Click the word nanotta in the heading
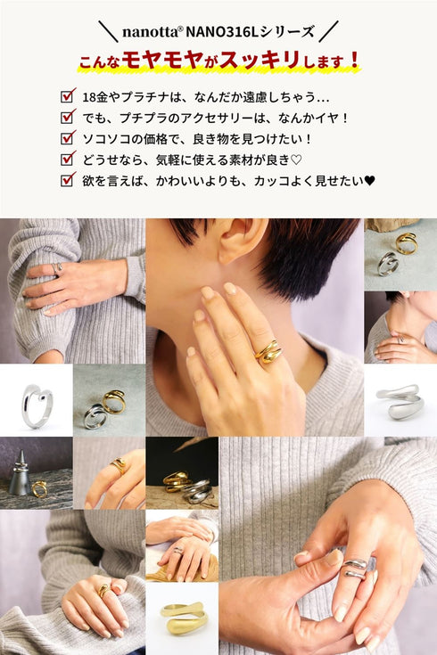pyautogui.click(x=150, y=32)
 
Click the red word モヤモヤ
pyautogui.click(x=163, y=61)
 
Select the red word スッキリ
pyautogui.click(x=260, y=61)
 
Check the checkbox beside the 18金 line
pyautogui.click(x=68, y=95)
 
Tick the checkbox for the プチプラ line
pyautogui.click(x=68, y=117)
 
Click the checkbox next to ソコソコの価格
pyautogui.click(x=68, y=137)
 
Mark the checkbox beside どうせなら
pyautogui.click(x=68, y=159)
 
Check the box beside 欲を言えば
pyautogui.click(x=68, y=180)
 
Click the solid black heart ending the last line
pyautogui.click(x=370, y=181)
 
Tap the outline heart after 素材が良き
pyautogui.click(x=296, y=160)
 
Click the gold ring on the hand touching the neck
pyautogui.click(x=268, y=352)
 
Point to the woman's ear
pyautogui.click(x=242, y=240)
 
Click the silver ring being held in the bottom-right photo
pyautogui.click(x=354, y=569)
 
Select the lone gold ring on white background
pyautogui.click(x=184, y=618)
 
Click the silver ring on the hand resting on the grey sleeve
pyautogui.click(x=56, y=268)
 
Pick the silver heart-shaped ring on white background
pyautogui.click(x=37, y=406)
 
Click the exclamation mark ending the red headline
pyautogui.click(x=355, y=61)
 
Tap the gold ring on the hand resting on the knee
pyautogui.click(x=103, y=589)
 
